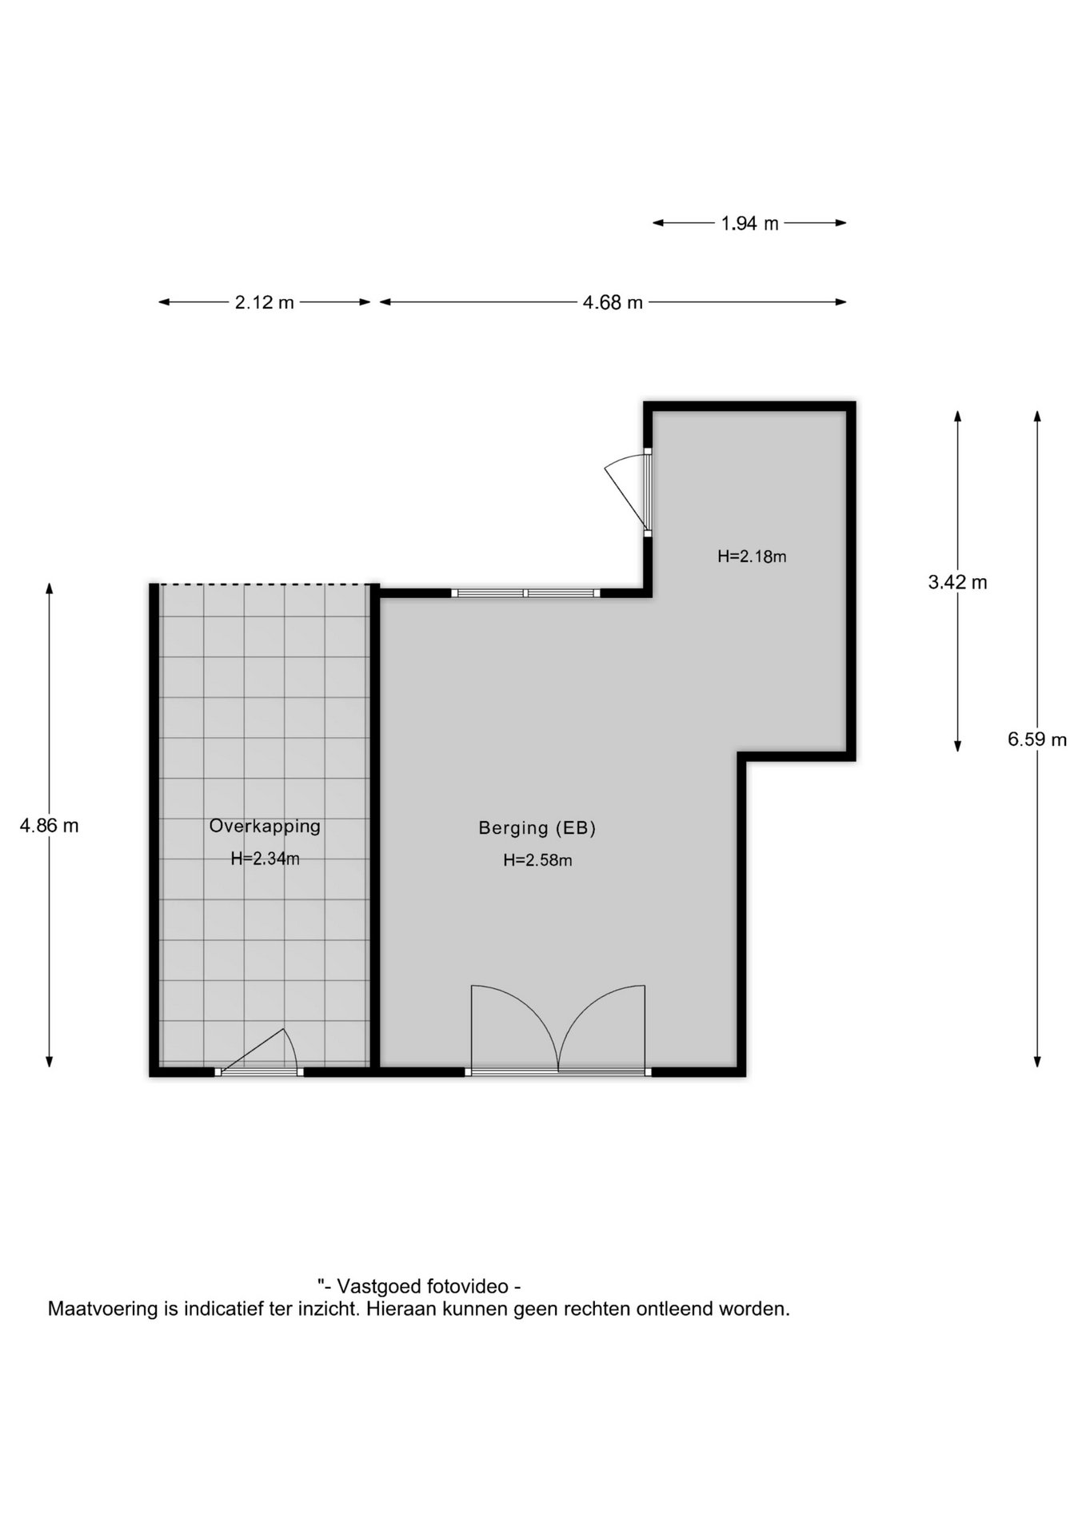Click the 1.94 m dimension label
click(x=749, y=223)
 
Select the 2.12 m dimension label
click(x=264, y=302)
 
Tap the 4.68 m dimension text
click(x=613, y=302)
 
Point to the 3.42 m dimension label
click(x=957, y=582)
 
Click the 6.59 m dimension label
click(x=1037, y=740)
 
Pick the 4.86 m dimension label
click(x=50, y=825)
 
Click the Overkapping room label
click(x=265, y=826)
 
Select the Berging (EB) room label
click(x=537, y=828)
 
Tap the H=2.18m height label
click(x=752, y=556)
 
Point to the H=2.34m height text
click(x=266, y=859)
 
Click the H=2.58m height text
click(x=537, y=860)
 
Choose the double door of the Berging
click(x=558, y=1030)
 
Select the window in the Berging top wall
click(x=525, y=593)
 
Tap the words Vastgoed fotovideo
click(x=422, y=1286)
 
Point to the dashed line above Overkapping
click(x=264, y=584)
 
